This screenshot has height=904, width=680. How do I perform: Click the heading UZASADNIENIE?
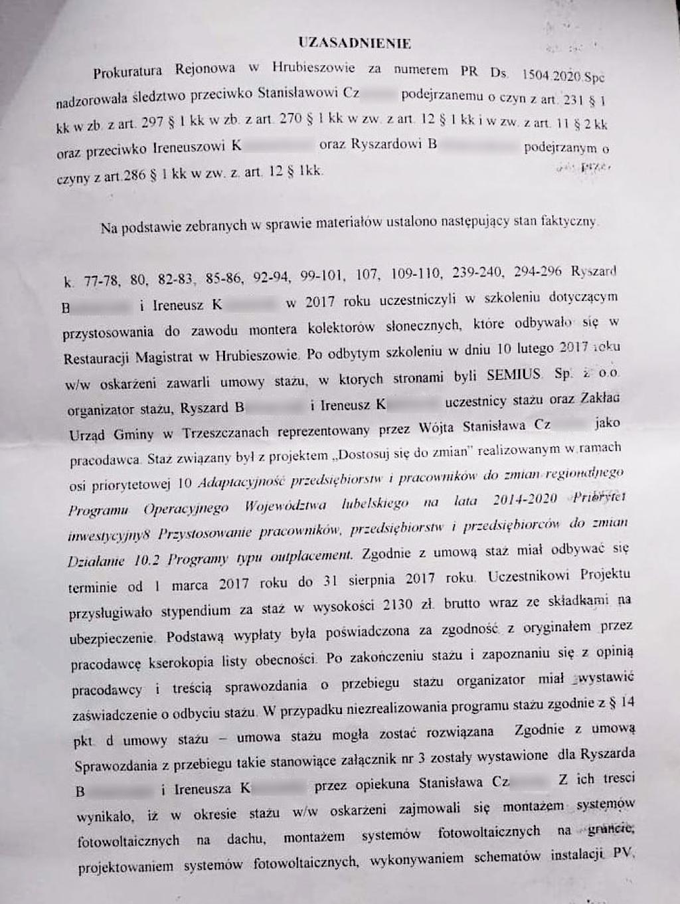point(355,44)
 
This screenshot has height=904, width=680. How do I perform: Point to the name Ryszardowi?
point(386,144)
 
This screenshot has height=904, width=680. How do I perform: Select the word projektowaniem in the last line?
point(126,867)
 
